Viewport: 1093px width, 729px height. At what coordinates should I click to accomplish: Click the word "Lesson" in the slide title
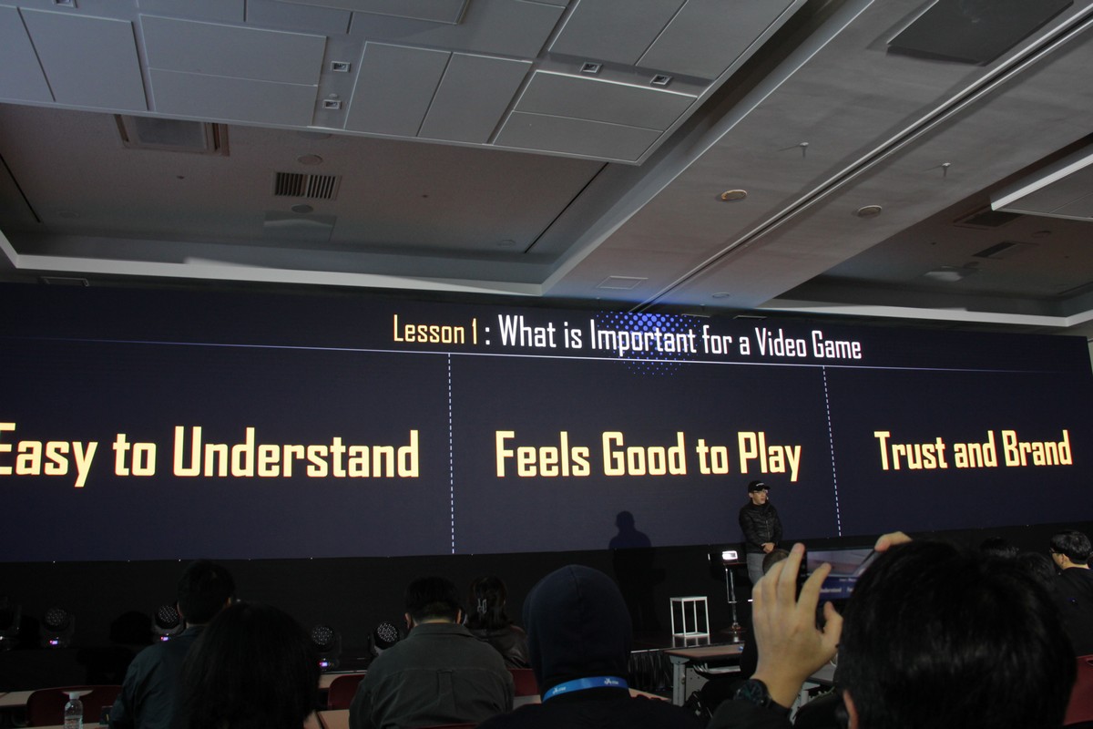(x=429, y=330)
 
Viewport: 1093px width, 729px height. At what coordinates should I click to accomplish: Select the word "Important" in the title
(x=643, y=336)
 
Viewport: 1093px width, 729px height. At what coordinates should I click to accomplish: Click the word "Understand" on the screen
(x=296, y=452)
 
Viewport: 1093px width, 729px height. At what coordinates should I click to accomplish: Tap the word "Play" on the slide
(x=770, y=456)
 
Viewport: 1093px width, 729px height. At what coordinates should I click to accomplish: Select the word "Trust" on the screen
(x=911, y=450)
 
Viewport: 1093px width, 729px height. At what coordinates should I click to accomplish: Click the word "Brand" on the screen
(x=1037, y=448)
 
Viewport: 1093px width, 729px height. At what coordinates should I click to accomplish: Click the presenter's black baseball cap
(x=758, y=486)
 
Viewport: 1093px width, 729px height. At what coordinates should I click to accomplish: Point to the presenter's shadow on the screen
(x=629, y=530)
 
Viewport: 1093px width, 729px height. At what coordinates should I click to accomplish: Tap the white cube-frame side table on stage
(x=689, y=616)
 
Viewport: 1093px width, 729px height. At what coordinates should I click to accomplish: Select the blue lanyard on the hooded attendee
(x=584, y=686)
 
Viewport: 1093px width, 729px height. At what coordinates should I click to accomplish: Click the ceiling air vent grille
(x=306, y=186)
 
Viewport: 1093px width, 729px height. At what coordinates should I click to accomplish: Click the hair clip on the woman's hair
(x=482, y=606)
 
